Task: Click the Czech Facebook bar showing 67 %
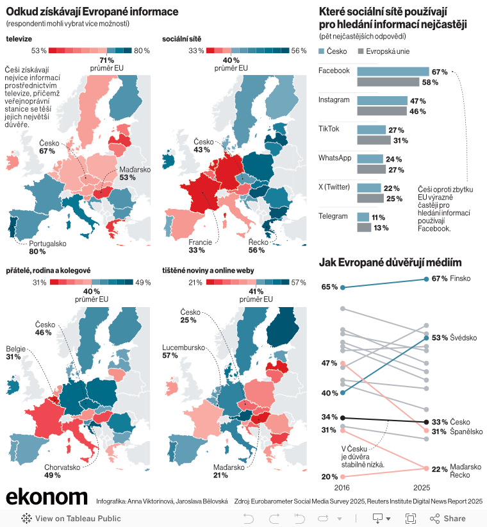pos(392,72)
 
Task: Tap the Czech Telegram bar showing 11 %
pos(363,217)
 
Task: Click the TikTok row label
pos(329,129)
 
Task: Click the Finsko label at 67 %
pos(461,278)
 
